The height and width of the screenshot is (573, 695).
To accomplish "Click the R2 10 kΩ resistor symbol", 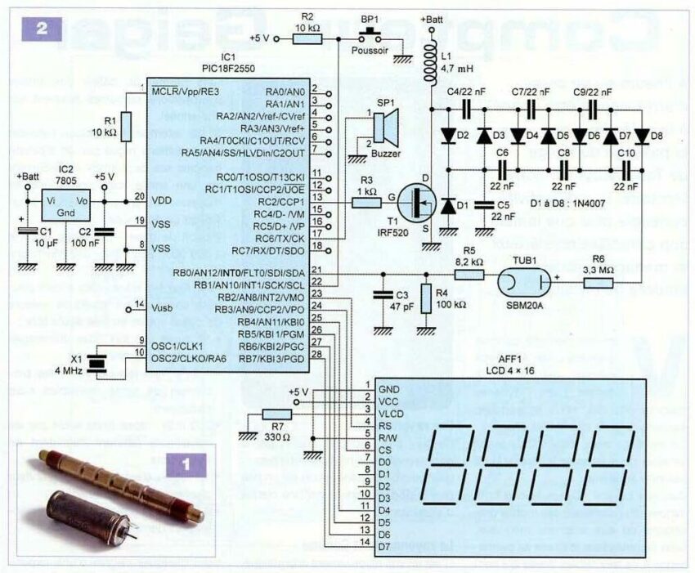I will click(x=307, y=38).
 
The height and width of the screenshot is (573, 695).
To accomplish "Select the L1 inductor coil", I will click(x=431, y=65).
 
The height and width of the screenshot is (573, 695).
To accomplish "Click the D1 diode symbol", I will click(x=448, y=207).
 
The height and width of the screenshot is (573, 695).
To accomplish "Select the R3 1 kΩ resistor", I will click(x=366, y=197).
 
